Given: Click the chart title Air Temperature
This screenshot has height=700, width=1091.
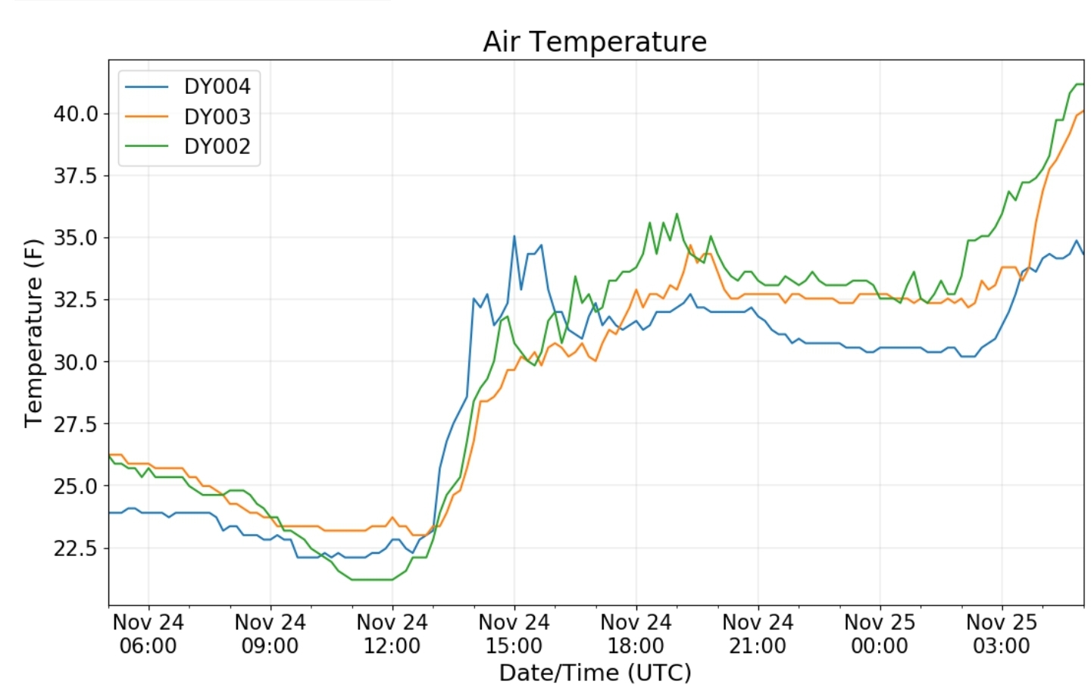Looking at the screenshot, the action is point(594,42).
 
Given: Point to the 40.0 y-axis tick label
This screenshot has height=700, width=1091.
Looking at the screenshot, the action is point(76,114).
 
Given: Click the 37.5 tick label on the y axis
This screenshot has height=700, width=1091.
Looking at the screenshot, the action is point(76,176).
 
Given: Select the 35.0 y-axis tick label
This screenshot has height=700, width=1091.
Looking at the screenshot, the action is point(76,238).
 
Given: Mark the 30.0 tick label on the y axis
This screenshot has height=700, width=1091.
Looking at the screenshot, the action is point(76,362).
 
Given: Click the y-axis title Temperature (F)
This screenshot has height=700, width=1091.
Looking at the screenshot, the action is point(33,333).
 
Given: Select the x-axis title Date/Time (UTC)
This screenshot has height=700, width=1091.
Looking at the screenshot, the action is point(596,673).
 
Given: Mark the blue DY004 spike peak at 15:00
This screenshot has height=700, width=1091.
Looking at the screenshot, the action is point(514,236).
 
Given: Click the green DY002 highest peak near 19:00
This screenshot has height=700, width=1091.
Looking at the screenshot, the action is point(677,214).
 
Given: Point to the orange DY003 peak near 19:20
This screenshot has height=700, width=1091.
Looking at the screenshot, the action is point(690,245).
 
